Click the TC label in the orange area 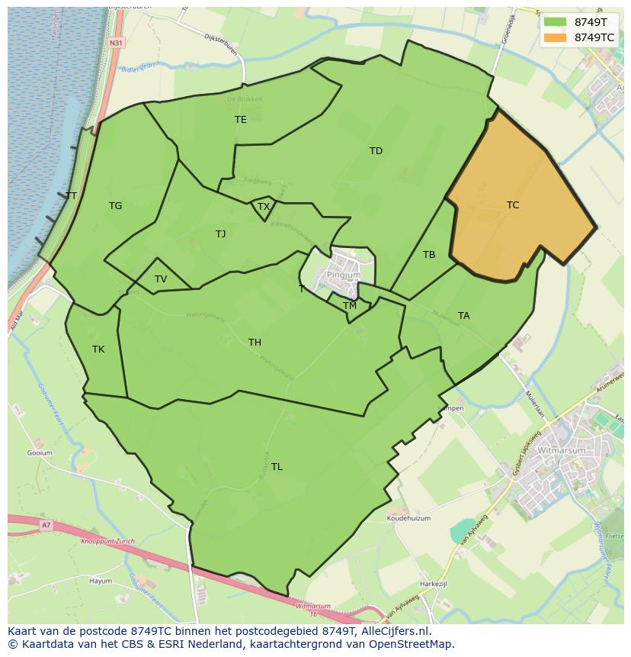[x=513, y=205]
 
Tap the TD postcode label [x=376, y=151]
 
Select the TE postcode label [x=241, y=120]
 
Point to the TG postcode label [x=115, y=206]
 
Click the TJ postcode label [x=220, y=234]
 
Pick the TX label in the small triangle [x=264, y=207]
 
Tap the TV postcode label [x=161, y=279]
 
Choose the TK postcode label [x=98, y=349]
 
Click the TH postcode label [x=255, y=343]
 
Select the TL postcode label [x=277, y=467]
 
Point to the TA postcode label [x=464, y=316]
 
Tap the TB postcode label [x=429, y=255]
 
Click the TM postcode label [x=350, y=306]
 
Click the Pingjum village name [x=342, y=275]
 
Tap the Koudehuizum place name [x=408, y=518]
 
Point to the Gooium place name [x=40, y=453]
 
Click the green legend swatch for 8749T [x=556, y=22]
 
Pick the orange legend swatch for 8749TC [x=556, y=37]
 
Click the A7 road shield [x=46, y=525]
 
